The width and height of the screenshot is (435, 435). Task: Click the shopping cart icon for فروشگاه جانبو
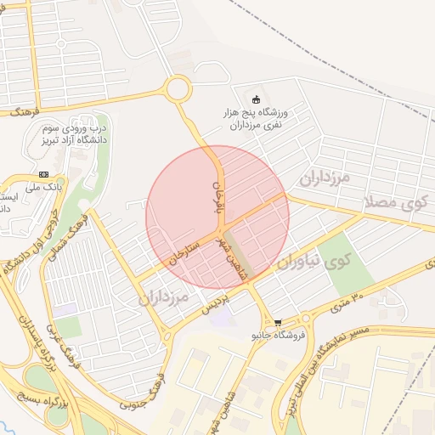tap(278, 323)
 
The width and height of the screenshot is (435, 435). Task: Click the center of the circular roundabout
tap(178, 88)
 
